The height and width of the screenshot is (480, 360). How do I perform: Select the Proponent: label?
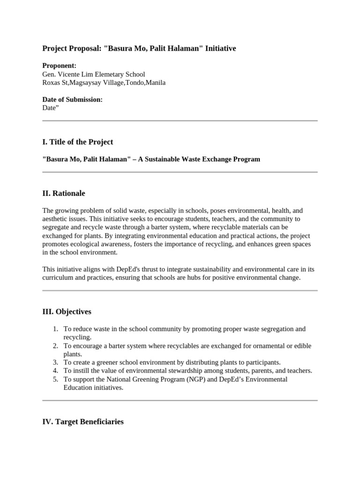(60, 66)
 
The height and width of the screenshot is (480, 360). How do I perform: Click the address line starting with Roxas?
(104, 82)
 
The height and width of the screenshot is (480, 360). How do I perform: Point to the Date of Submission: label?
(72, 99)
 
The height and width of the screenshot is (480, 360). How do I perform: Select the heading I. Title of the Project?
(78, 142)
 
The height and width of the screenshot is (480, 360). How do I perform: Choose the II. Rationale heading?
(64, 193)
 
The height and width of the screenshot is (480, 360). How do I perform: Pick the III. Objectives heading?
(67, 311)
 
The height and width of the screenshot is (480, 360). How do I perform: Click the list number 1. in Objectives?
(55, 329)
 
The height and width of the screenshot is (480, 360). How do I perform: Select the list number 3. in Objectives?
(55, 362)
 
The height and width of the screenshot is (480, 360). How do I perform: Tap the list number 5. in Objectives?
(55, 379)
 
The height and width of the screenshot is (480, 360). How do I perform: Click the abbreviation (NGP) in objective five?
(194, 379)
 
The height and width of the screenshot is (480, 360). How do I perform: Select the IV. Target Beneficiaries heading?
(83, 421)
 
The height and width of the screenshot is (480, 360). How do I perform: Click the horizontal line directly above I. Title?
(180, 120)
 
